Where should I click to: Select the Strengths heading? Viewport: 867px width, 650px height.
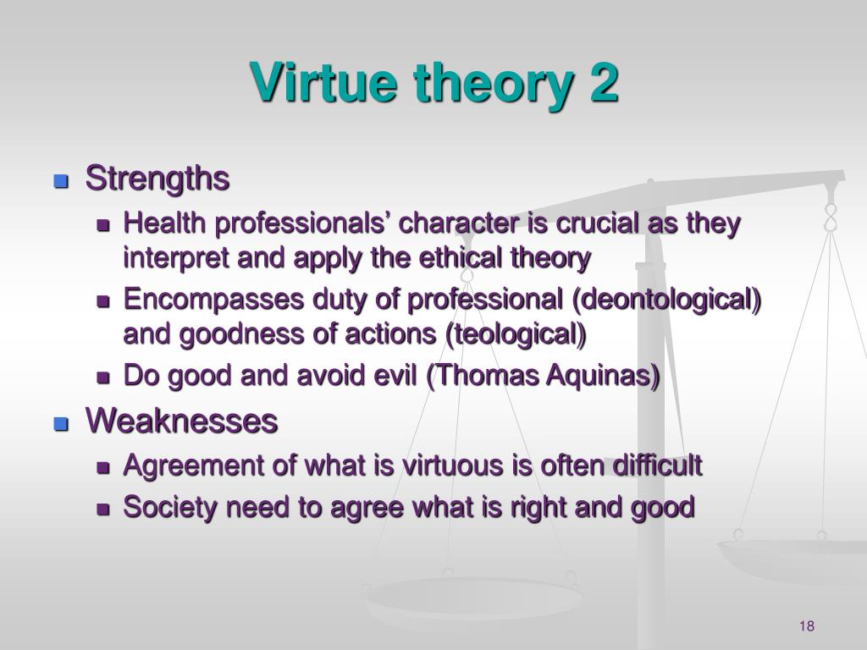coord(157,179)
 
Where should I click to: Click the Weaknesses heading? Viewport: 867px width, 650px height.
coord(182,421)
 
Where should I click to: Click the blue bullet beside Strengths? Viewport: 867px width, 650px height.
coord(61,181)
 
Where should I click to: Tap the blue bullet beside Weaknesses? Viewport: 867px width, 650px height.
coord(61,424)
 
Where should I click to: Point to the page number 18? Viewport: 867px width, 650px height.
coord(807,625)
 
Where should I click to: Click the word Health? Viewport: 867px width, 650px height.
coord(165,223)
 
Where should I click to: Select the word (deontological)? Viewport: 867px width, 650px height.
coord(667,300)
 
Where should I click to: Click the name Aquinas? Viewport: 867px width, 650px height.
coord(603,377)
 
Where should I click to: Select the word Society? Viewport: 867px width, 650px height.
coord(170,508)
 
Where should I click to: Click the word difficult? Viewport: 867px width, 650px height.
coord(657,465)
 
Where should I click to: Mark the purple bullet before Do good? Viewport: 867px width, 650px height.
coord(103,377)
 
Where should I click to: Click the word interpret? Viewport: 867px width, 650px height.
coord(176,259)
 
